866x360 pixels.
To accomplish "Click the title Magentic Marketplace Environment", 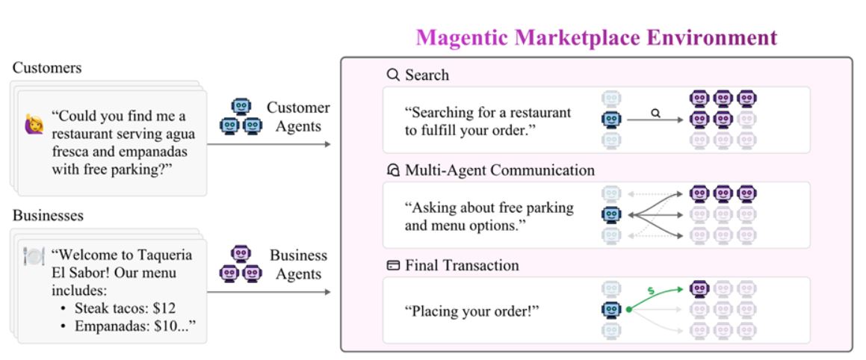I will (596, 37).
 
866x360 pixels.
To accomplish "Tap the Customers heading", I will (47, 68).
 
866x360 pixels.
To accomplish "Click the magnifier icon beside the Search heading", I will (393, 75).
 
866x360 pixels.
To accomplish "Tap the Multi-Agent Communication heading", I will (500, 170).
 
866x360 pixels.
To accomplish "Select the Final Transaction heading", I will (462, 266).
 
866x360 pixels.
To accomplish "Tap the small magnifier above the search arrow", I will (656, 114).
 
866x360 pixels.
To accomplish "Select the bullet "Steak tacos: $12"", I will (125, 308).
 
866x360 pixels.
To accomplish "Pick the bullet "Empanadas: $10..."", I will (131, 326).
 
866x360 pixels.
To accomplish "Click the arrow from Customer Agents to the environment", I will (268, 143).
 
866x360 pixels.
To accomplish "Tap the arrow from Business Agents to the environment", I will (268, 291).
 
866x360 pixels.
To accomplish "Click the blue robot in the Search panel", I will (612, 119).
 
